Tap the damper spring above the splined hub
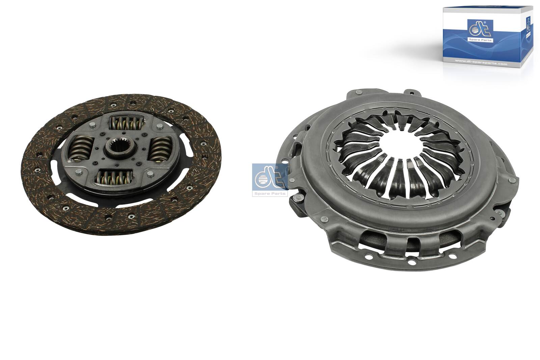coord(127,123)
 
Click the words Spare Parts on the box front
coord(480,40)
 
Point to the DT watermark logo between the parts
coord(269,179)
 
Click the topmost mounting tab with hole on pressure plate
coord(411,92)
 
